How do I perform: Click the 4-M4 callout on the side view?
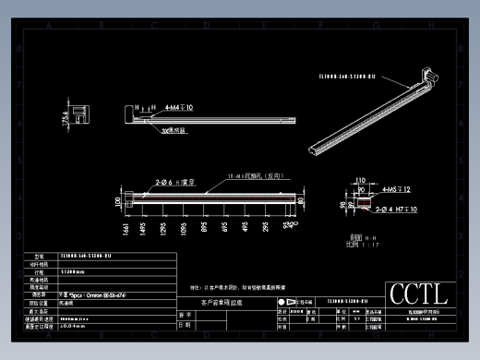tap(177, 108)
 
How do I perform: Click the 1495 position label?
tap(142, 229)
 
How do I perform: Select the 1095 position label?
tap(185, 229)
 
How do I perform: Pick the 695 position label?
tap(227, 229)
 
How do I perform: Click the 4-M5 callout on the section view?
tap(395, 189)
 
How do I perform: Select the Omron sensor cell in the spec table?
tap(92, 294)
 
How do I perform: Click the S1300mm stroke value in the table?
tap(73, 272)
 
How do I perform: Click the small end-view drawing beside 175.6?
tap(81, 117)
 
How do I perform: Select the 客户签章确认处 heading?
tap(221, 302)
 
